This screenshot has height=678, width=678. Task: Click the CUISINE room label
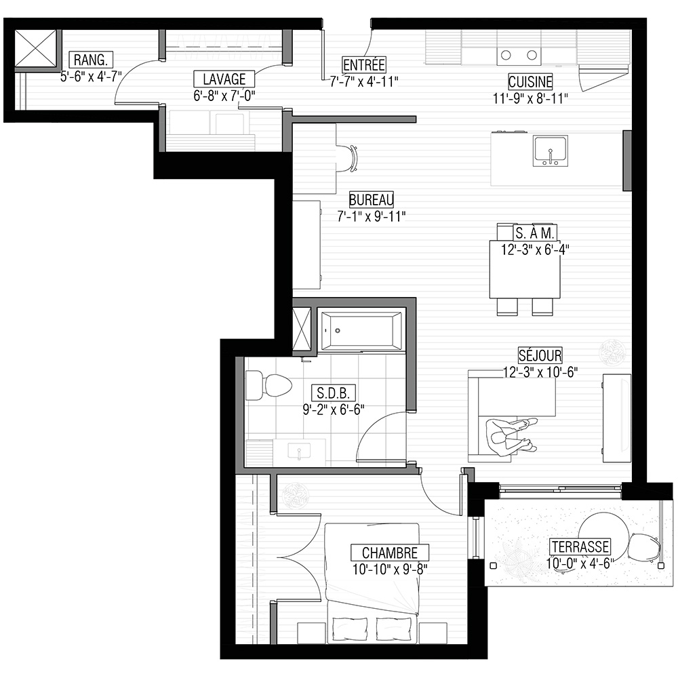[x=530, y=82]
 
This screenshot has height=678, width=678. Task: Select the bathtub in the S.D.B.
[x=361, y=331]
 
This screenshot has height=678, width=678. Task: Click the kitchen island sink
[x=550, y=151]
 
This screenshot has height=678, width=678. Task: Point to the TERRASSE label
[x=580, y=547]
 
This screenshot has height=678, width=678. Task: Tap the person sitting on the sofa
[x=511, y=437]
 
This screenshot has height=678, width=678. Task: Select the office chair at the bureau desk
[x=348, y=159]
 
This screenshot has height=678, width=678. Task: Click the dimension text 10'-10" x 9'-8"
[x=390, y=570]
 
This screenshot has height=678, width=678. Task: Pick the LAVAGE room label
[x=224, y=79]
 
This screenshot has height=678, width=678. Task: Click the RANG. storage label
[x=91, y=60]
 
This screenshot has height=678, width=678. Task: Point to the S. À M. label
[x=534, y=233]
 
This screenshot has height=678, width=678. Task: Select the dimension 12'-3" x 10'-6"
[x=540, y=372]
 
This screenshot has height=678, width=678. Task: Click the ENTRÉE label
[x=363, y=65]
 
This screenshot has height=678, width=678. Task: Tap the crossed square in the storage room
[x=36, y=48]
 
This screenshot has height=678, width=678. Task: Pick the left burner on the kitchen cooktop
[x=506, y=55]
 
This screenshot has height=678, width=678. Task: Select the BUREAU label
[x=372, y=200]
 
